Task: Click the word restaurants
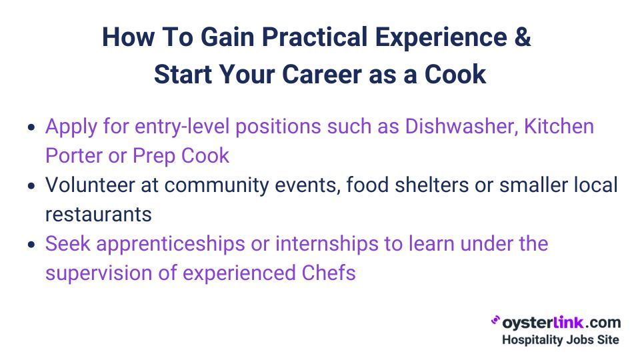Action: [98, 214]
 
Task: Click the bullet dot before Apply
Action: [32, 127]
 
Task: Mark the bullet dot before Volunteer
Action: [32, 186]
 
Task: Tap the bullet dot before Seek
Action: [32, 245]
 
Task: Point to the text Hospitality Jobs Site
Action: [560, 340]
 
